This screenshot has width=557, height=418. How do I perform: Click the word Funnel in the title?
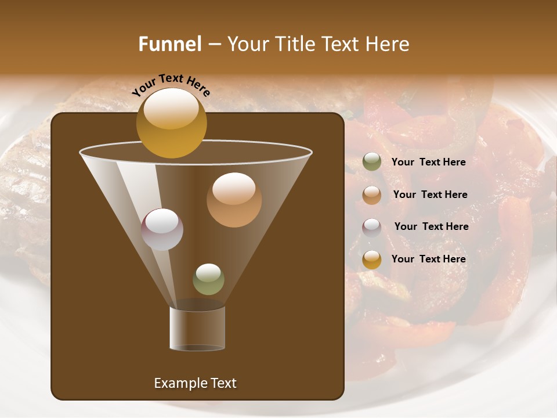click(x=169, y=44)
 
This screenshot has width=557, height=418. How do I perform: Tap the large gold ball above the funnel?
click(x=171, y=123)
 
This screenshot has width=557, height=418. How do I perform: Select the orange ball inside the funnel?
click(x=234, y=200)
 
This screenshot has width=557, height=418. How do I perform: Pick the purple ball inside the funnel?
click(x=162, y=229)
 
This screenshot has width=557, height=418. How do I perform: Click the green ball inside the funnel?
click(x=208, y=279)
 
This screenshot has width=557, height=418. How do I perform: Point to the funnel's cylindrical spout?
click(x=197, y=329)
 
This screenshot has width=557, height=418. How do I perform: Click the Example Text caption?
click(x=195, y=383)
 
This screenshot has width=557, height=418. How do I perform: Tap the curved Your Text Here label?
click(x=171, y=85)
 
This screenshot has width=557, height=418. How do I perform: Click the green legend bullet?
click(x=372, y=162)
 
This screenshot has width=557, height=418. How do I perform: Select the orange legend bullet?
click(x=372, y=195)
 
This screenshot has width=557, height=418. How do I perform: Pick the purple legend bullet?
click(x=372, y=227)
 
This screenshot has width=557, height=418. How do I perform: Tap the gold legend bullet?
click(x=372, y=260)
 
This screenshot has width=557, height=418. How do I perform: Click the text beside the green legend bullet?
click(x=428, y=162)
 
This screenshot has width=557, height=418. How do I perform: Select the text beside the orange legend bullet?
click(x=430, y=194)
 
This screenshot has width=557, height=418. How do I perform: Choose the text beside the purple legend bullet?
click(x=431, y=226)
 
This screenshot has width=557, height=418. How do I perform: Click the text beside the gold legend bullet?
click(x=428, y=259)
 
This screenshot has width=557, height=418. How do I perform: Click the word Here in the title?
click(x=386, y=44)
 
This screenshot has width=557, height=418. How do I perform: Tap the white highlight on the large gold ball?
click(x=171, y=108)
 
